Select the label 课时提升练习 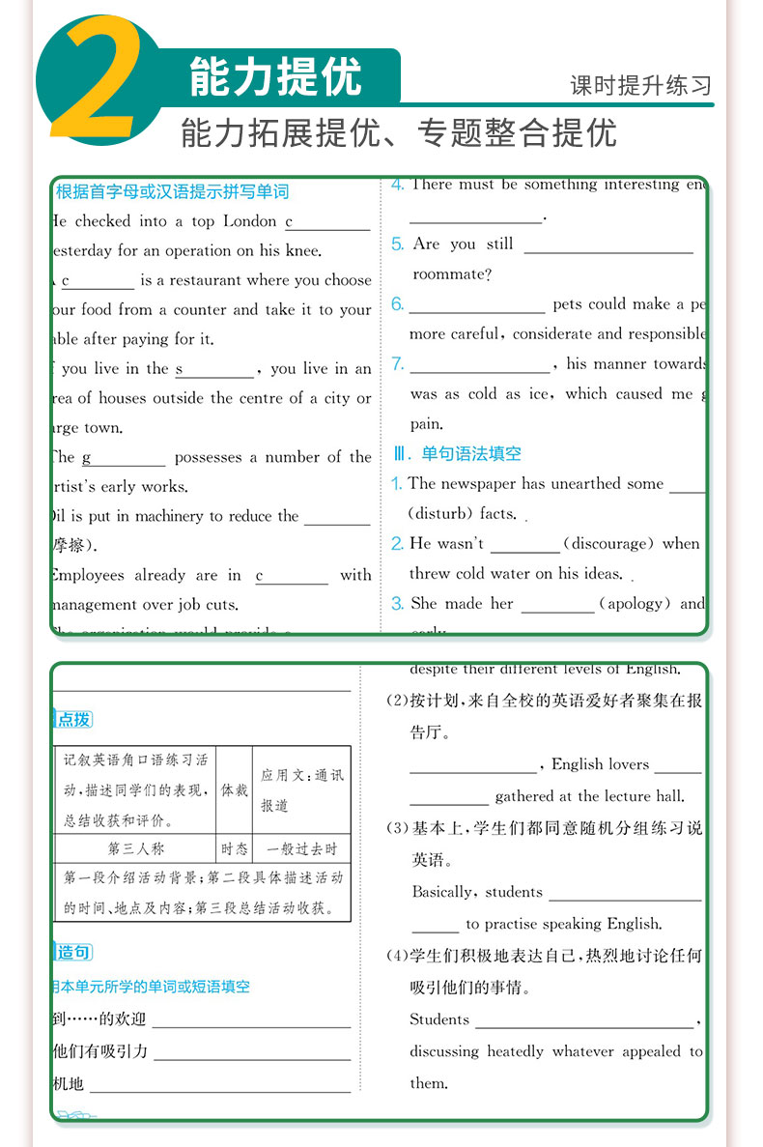pos(640,85)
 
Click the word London pos(250,221)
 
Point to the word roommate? pos(452,274)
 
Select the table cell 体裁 pos(234,789)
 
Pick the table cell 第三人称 pos(135,849)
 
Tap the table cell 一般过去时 pos(302,849)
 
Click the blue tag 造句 pos(73,953)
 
